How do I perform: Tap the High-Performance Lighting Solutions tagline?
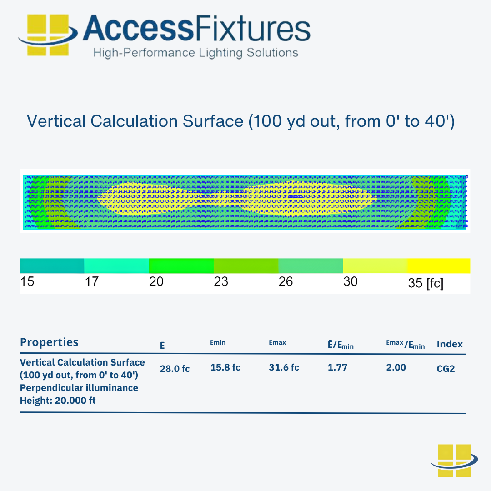click(195, 53)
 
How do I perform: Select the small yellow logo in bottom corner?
click(454, 461)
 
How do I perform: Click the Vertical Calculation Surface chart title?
click(240, 121)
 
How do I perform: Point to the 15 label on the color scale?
click(27, 282)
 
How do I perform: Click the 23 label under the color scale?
click(221, 282)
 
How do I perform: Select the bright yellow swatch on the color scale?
click(438, 266)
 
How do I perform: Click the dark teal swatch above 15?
click(52, 266)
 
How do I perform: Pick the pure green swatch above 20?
click(181, 266)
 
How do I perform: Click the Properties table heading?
click(49, 342)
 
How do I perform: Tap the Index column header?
click(450, 344)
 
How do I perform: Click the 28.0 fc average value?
click(175, 369)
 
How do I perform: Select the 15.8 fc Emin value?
click(225, 367)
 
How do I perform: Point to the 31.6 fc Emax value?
click(284, 367)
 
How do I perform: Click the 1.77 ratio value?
click(337, 367)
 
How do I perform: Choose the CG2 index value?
click(446, 369)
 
